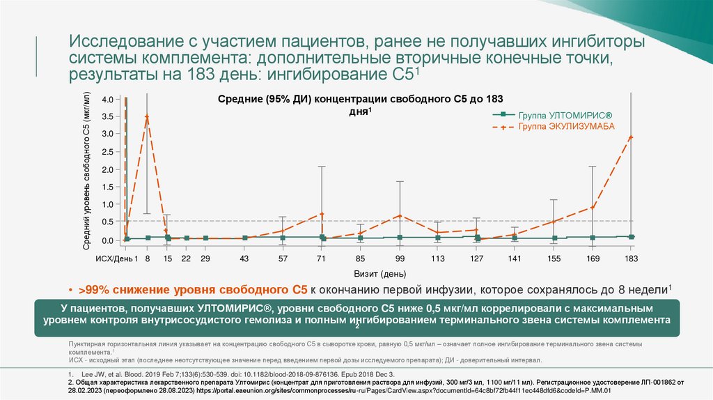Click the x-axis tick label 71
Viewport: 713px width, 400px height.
click(x=322, y=259)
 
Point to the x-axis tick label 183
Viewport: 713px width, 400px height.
click(x=631, y=259)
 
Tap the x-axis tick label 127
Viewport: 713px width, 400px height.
click(x=476, y=259)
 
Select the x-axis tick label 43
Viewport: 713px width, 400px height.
click(x=244, y=259)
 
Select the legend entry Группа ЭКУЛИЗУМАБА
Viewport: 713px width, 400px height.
click(x=566, y=127)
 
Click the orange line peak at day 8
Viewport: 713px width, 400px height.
click(x=147, y=116)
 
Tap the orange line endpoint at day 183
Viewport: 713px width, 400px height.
click(x=631, y=137)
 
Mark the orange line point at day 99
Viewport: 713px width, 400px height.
click(x=400, y=215)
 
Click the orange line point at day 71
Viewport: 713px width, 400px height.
click(x=322, y=214)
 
